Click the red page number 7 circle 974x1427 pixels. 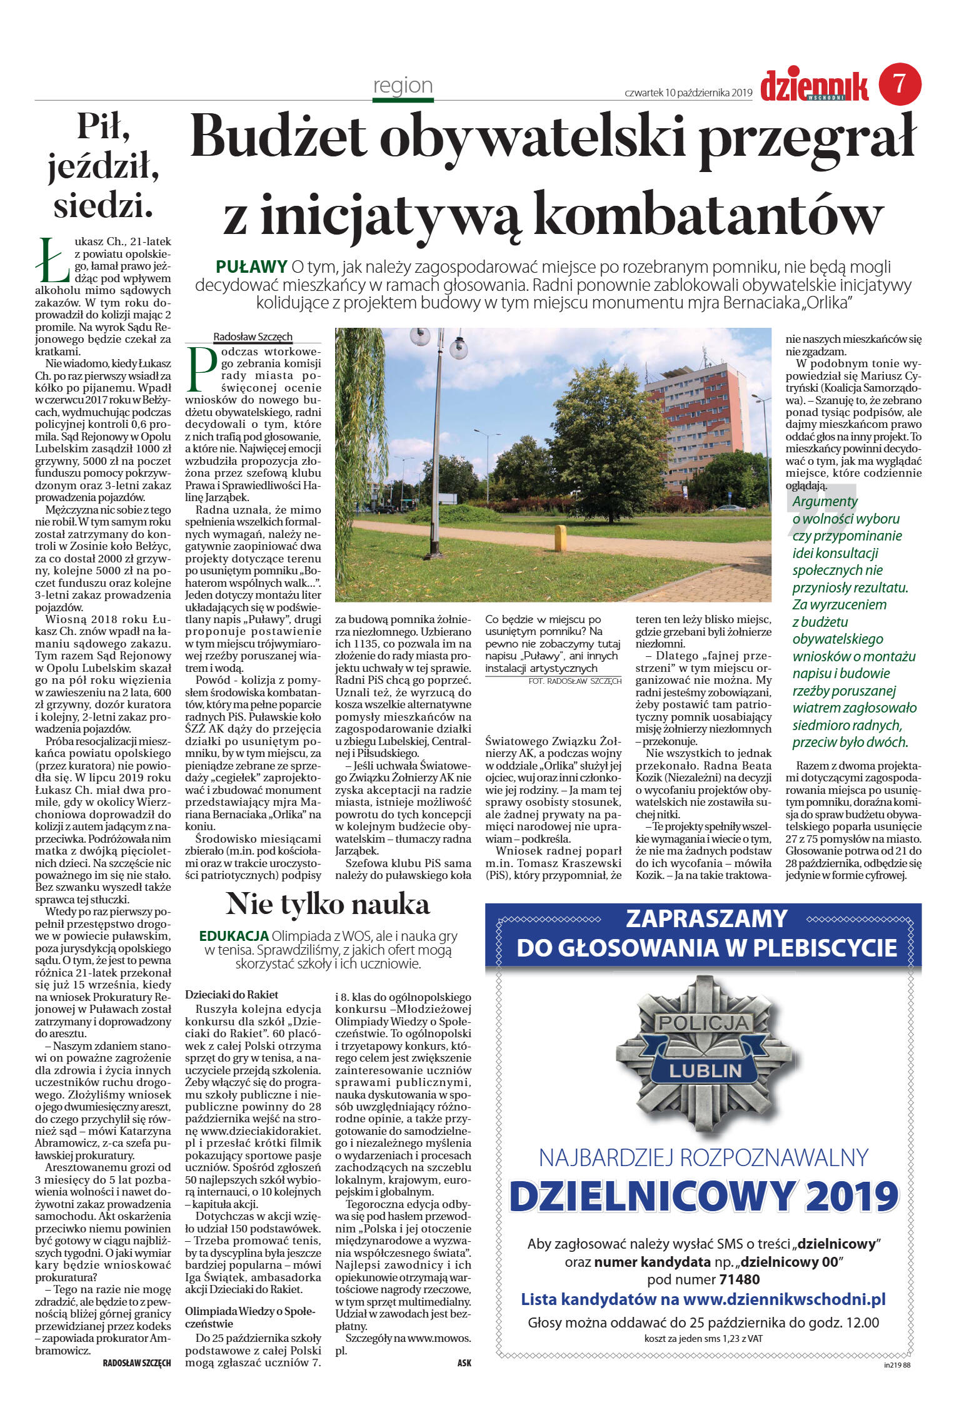pos(900,84)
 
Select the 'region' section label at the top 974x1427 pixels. pos(403,85)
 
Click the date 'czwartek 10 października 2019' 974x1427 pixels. pos(688,93)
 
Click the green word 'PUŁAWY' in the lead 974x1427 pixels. pos(251,267)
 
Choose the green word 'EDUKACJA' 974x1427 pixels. pos(234,936)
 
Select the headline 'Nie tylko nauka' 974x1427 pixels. pos(328,904)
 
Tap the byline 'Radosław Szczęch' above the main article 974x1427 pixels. pos(253,337)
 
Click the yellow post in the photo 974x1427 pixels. pos(560,537)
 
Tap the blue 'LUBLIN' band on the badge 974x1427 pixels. pos(705,1070)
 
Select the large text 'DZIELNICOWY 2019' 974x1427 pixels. pos(704,1196)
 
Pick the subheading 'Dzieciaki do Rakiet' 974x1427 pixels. pos(231,994)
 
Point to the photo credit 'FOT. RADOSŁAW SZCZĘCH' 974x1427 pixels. pos(575,681)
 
